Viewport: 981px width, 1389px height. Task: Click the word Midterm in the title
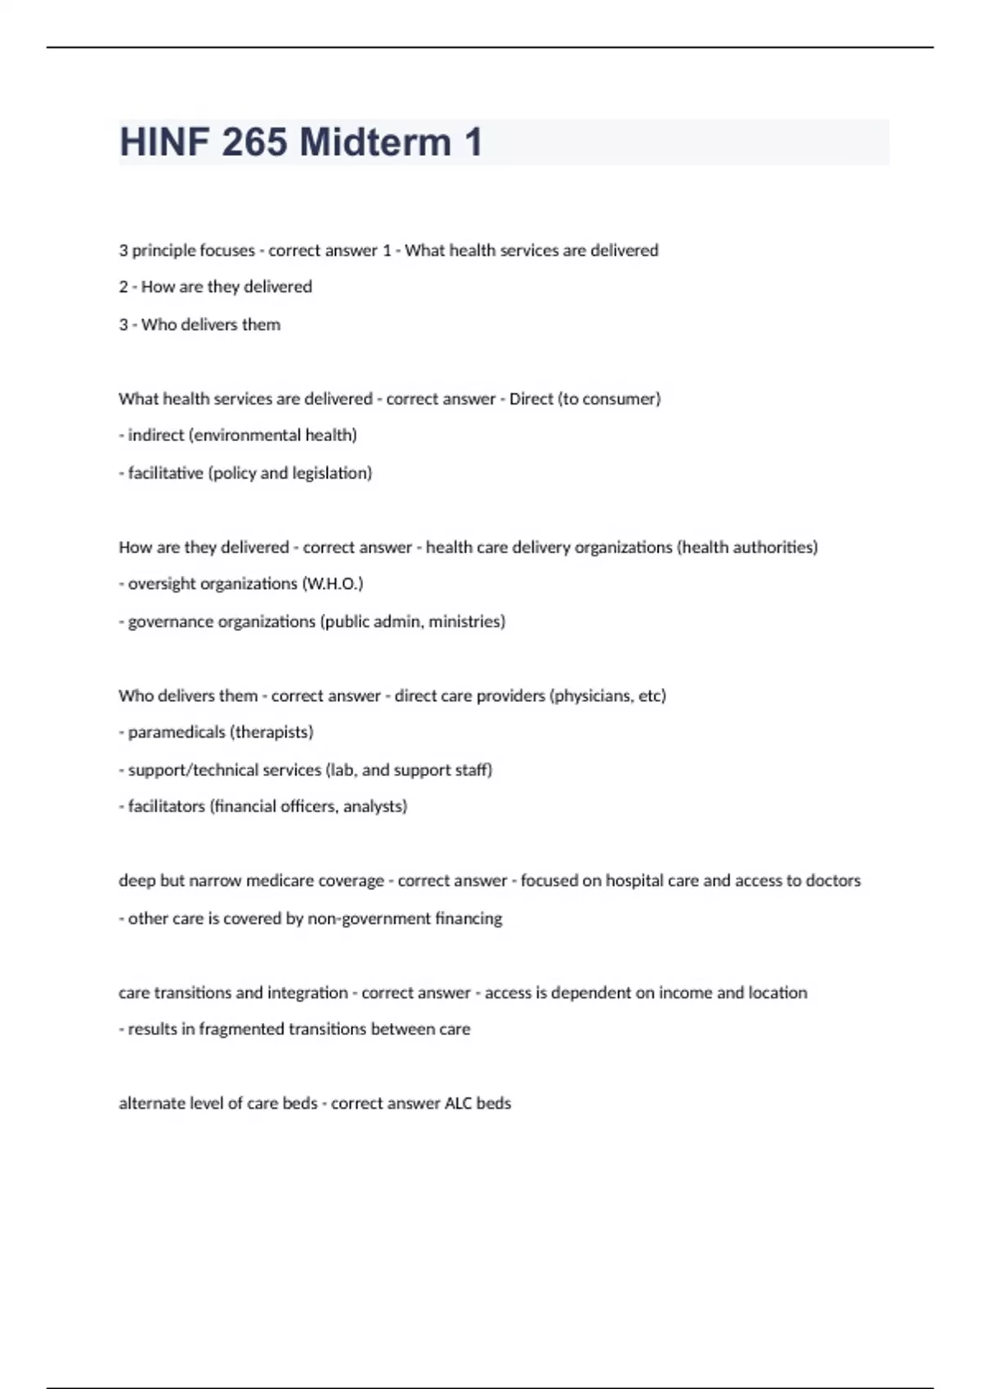pyautogui.click(x=375, y=142)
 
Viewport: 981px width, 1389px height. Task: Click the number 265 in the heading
pyautogui.click(x=253, y=142)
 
